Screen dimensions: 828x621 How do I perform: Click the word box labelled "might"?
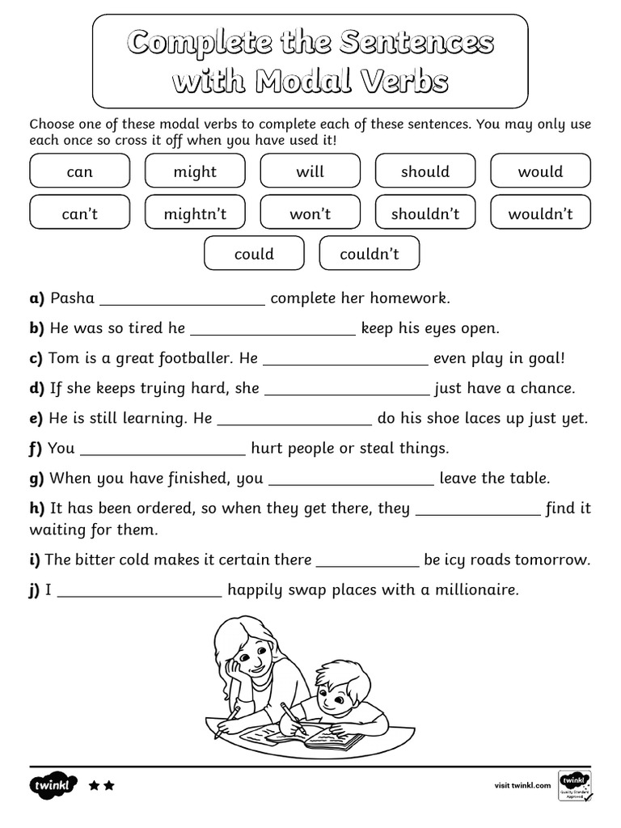click(x=195, y=171)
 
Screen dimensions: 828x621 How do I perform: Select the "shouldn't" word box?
click(x=425, y=213)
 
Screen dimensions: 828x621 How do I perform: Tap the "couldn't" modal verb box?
click(x=370, y=254)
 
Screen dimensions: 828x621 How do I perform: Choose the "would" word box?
click(x=540, y=171)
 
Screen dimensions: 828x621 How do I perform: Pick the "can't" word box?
click(x=79, y=213)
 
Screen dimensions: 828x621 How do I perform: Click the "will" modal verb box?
click(x=310, y=171)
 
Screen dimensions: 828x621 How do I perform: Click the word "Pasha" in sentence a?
click(x=72, y=298)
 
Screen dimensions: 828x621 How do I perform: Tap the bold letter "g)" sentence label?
click(x=36, y=479)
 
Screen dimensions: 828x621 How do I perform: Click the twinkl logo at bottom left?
click(x=53, y=785)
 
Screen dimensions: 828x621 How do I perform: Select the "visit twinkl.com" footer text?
click(x=522, y=785)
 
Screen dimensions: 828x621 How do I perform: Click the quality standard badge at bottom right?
click(x=575, y=785)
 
